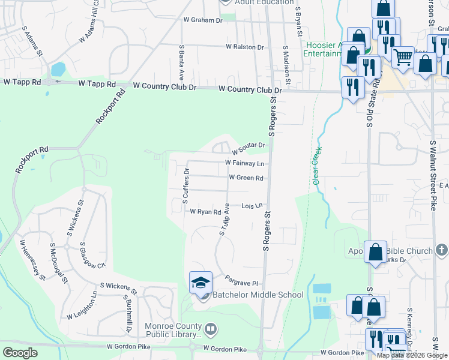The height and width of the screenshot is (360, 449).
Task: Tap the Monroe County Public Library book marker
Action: coord(210,329)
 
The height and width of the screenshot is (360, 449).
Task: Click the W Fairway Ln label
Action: coord(244,163)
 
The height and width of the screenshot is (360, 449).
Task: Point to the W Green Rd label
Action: coord(246,178)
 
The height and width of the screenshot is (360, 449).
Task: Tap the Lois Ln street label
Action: coord(253,206)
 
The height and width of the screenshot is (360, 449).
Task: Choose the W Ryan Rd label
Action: coord(205,212)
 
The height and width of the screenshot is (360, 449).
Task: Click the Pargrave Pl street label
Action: coord(241,280)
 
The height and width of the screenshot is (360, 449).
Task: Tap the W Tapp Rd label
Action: coord(22,81)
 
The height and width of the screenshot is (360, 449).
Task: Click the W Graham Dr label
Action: coord(202,20)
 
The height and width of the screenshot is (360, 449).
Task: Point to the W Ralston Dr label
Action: coord(244,47)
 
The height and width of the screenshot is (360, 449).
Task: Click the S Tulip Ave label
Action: coord(225,219)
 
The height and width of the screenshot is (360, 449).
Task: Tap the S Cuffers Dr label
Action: coord(185,186)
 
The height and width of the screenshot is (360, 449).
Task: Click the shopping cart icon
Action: coord(403,58)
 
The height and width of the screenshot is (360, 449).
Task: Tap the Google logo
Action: coord(20,353)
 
